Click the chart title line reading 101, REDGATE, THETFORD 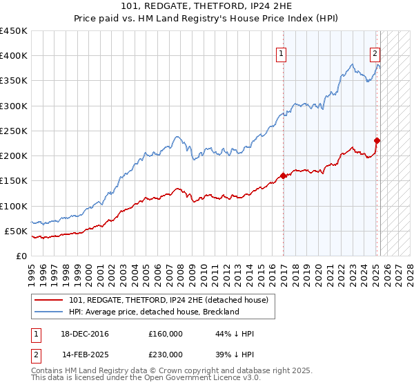pos(207,8)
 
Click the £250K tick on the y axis pos(14,131)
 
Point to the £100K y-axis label pos(14,206)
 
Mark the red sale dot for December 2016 pos(283,176)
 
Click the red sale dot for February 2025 pos(377,140)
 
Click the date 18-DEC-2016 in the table pos(85,334)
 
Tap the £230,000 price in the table pos(166,354)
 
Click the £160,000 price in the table pos(166,334)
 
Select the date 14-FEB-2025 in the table pos(85,354)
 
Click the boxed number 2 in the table pos(34,354)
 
